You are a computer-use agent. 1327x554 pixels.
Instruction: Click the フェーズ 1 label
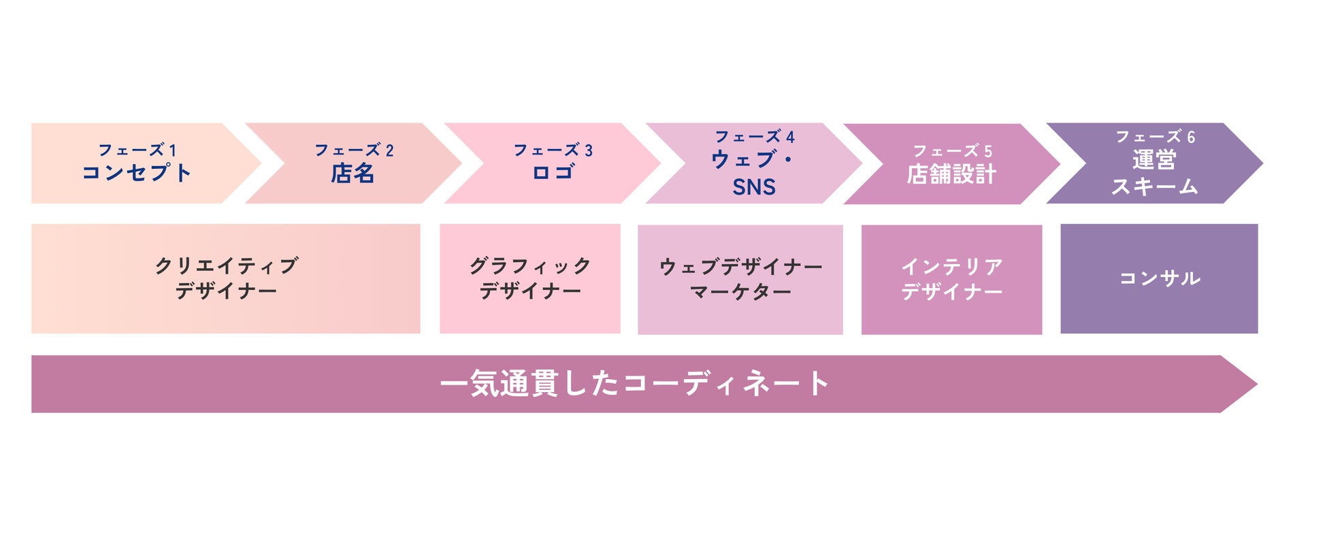(x=137, y=150)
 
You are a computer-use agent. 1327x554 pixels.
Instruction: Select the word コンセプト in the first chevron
(x=137, y=173)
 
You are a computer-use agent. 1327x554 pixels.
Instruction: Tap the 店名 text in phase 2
(x=353, y=174)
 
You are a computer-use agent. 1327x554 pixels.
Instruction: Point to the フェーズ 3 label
(x=553, y=150)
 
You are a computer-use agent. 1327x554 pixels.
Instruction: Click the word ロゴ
(x=553, y=173)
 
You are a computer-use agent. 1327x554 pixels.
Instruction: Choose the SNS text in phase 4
(x=753, y=187)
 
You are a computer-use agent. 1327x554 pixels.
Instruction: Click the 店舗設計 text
(x=951, y=174)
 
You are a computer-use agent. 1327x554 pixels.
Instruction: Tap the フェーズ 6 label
(x=1155, y=137)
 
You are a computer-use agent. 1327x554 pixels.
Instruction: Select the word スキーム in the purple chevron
(x=1155, y=186)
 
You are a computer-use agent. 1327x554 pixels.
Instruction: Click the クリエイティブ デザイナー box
(x=226, y=278)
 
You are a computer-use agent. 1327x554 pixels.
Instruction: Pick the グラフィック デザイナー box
(x=530, y=278)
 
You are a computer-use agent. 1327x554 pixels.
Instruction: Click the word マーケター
(x=740, y=292)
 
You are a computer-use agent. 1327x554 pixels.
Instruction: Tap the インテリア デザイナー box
(x=951, y=279)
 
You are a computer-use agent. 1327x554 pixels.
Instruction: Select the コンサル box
(x=1159, y=278)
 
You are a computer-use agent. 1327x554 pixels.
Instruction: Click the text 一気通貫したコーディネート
(x=634, y=384)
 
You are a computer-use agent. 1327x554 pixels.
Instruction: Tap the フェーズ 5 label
(x=952, y=150)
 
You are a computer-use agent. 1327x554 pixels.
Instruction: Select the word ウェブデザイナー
(x=740, y=267)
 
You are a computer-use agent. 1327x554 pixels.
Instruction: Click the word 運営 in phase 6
(x=1154, y=161)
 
